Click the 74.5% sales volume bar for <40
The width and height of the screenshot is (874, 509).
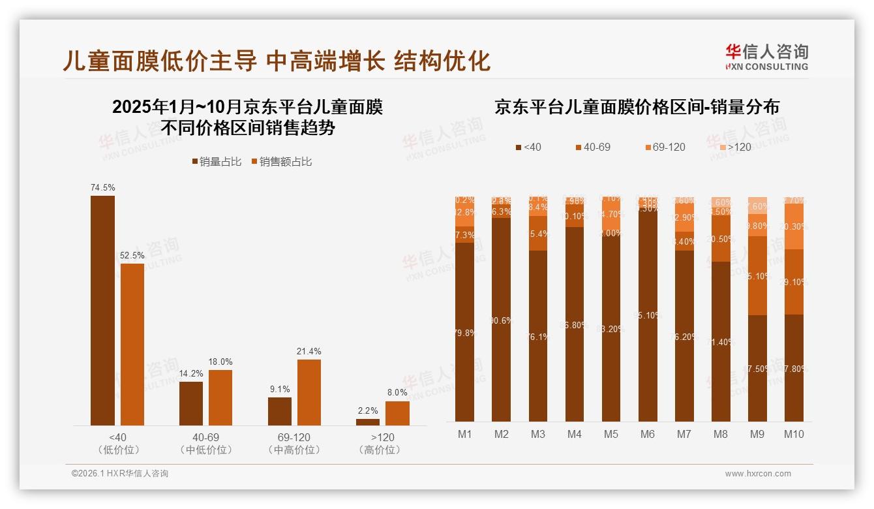pyautogui.click(x=102, y=311)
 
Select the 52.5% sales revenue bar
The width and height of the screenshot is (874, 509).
pyautogui.click(x=132, y=345)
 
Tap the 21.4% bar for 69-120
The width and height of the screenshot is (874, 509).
pyautogui.click(x=309, y=392)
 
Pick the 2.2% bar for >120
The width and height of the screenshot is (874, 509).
pyautogui.click(x=368, y=422)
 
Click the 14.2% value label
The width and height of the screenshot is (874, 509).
pyautogui.click(x=192, y=373)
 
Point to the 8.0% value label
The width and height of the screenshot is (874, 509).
pyautogui.click(x=397, y=392)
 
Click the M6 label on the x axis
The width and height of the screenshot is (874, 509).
pyautogui.click(x=647, y=434)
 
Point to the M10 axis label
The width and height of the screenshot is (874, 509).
pyautogui.click(x=794, y=434)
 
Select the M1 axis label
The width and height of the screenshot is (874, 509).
pyautogui.click(x=465, y=434)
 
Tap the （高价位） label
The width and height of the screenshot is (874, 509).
pyautogui.click(x=380, y=450)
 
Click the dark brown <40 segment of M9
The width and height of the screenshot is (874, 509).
pyautogui.click(x=757, y=368)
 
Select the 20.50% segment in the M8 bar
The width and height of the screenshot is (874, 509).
pyautogui.click(x=721, y=239)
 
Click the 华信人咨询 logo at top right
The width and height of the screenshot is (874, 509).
pyautogui.click(x=766, y=57)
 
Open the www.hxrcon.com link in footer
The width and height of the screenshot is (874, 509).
pyautogui.click(x=758, y=474)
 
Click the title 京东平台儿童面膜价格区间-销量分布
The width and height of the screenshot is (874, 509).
pyautogui.click(x=637, y=107)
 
